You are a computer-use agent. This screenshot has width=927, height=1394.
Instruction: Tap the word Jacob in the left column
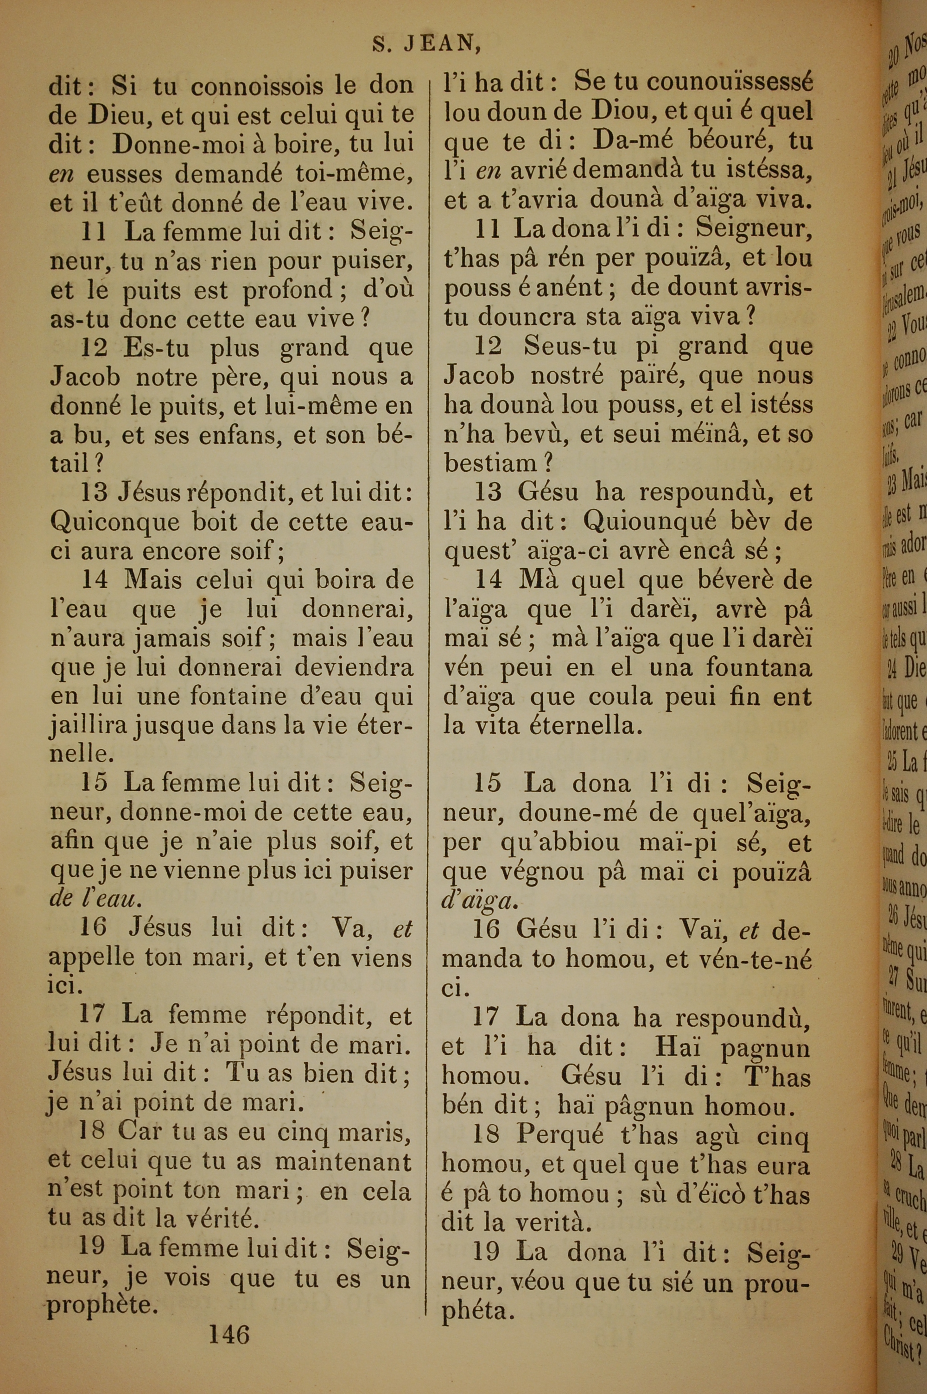[x=86, y=376]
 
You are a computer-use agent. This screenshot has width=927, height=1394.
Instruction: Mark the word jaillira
[x=88, y=726]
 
